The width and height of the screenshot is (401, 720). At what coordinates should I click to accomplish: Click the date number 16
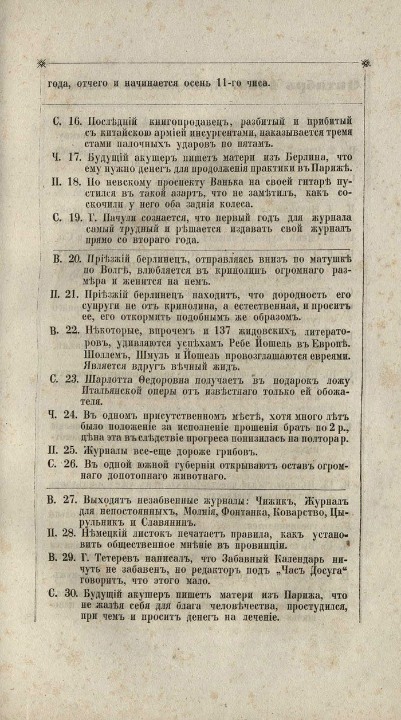75,122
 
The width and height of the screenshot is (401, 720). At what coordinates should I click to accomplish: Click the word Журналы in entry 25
106,451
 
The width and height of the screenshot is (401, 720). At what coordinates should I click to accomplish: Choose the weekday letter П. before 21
53,294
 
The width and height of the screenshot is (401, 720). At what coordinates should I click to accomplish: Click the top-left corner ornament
41,63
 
